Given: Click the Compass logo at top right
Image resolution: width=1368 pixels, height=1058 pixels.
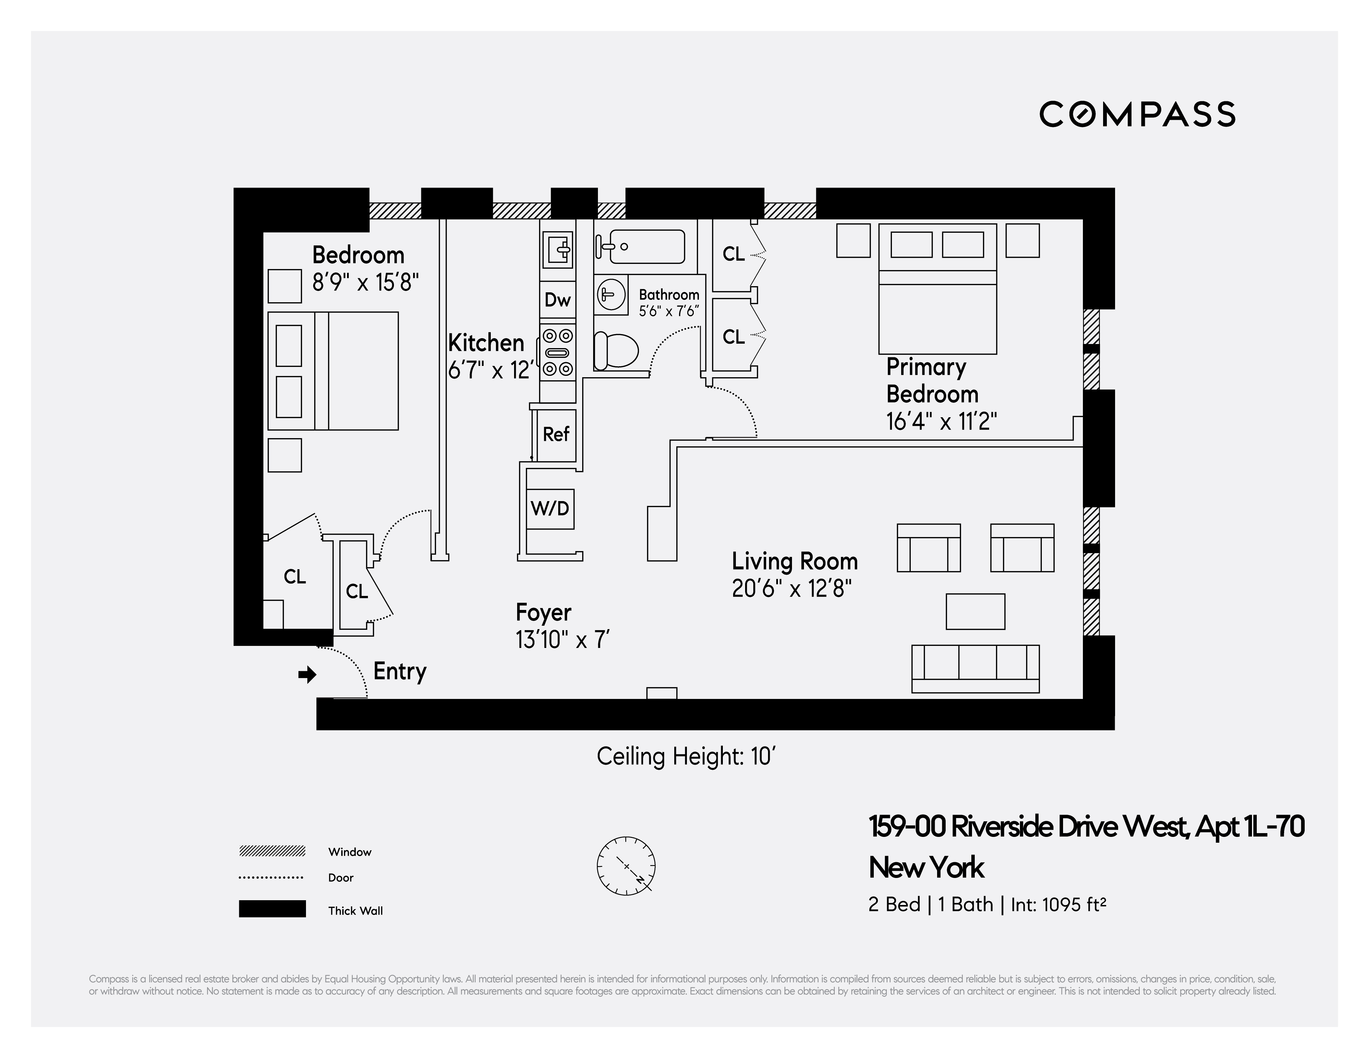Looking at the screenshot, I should coord(1137,115).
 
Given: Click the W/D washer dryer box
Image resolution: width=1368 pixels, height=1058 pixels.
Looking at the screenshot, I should coord(550,508).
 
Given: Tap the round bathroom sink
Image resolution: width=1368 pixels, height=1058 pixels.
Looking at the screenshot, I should coord(611,294).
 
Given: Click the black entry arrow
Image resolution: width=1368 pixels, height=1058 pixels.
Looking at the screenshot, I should coord(307,675).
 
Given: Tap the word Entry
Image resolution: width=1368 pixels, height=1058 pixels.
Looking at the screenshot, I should coord(400,671).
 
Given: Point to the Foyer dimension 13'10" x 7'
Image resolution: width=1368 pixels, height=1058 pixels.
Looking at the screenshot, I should coord(562,640).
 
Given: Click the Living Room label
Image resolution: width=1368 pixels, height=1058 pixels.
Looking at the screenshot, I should coord(794,561).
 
